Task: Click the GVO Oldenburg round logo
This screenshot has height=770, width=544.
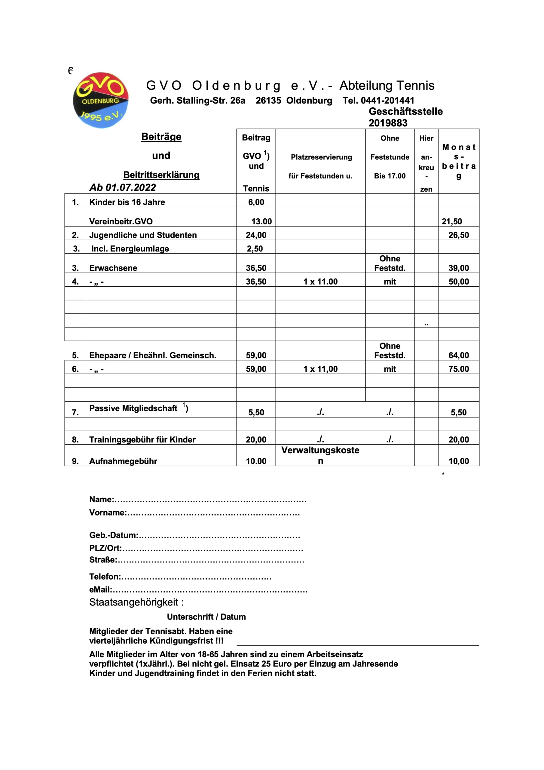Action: pyautogui.click(x=101, y=100)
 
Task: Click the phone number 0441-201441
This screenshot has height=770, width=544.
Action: pyautogui.click(x=387, y=100)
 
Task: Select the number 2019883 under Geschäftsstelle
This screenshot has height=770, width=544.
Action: pyautogui.click(x=388, y=123)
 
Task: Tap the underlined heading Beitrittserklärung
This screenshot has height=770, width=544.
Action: pyautogui.click(x=161, y=175)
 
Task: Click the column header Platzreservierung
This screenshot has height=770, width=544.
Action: pyautogui.click(x=321, y=157)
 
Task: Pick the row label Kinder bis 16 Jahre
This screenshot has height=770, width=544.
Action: pyautogui.click(x=127, y=202)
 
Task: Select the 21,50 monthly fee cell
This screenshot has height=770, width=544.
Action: pyautogui.click(x=451, y=221)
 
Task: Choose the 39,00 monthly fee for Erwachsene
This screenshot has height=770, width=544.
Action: pyautogui.click(x=459, y=268)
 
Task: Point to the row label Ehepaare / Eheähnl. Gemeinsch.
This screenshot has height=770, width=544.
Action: pyautogui.click(x=152, y=355)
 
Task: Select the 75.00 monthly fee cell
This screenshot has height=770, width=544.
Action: pyautogui.click(x=459, y=369)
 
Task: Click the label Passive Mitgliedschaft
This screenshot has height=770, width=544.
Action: pyautogui.click(x=133, y=408)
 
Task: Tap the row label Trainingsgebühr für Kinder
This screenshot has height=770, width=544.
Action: pyautogui.click(x=142, y=439)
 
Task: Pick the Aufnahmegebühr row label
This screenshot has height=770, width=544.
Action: pyautogui.click(x=123, y=461)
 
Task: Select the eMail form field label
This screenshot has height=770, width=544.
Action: pyautogui.click(x=101, y=590)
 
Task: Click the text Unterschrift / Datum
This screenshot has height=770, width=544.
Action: pyautogui.click(x=206, y=616)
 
